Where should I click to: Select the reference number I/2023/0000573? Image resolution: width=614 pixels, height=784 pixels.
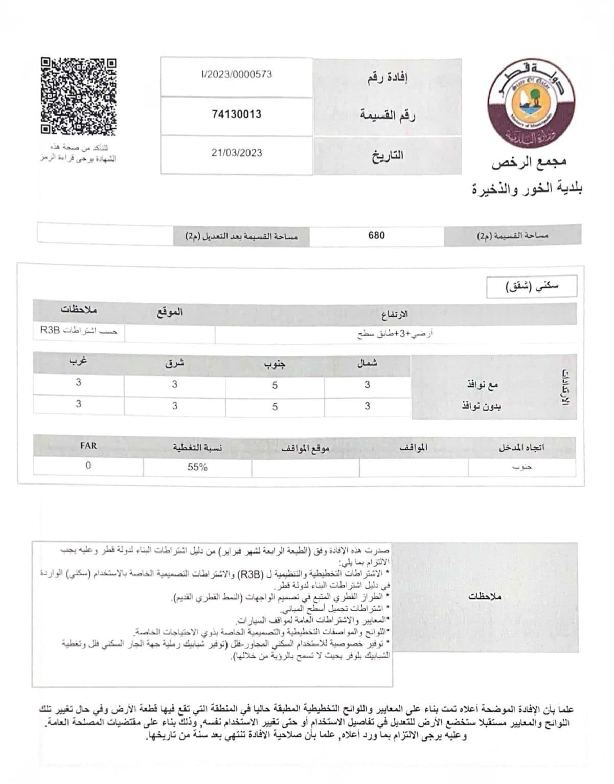(x=236, y=74)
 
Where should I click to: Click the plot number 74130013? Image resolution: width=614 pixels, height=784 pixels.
(x=236, y=114)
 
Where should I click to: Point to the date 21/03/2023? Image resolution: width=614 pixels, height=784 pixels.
(x=236, y=153)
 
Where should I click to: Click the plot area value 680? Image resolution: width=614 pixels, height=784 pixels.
(x=376, y=235)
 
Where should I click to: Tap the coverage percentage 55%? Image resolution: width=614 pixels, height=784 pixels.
(x=197, y=467)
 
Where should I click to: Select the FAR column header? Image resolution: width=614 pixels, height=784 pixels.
(x=88, y=446)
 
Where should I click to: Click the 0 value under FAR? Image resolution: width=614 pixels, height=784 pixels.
(x=88, y=466)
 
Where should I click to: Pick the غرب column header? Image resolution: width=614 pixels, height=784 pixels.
(x=78, y=362)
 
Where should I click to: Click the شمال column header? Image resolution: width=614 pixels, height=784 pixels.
(x=367, y=363)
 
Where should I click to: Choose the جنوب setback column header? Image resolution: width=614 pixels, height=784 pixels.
(x=275, y=364)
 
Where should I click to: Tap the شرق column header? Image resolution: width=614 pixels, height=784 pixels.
(x=174, y=363)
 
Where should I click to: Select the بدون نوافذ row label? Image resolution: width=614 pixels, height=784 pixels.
(x=481, y=407)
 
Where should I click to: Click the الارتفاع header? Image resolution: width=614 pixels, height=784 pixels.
(x=395, y=313)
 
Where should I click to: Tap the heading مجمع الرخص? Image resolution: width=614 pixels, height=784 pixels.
(x=529, y=163)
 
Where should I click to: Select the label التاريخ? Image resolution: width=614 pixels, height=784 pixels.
(x=387, y=155)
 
